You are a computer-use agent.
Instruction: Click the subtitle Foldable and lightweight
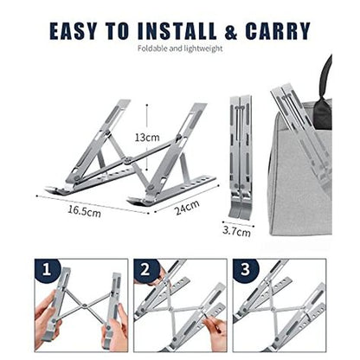pyautogui.click(x=179, y=49)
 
